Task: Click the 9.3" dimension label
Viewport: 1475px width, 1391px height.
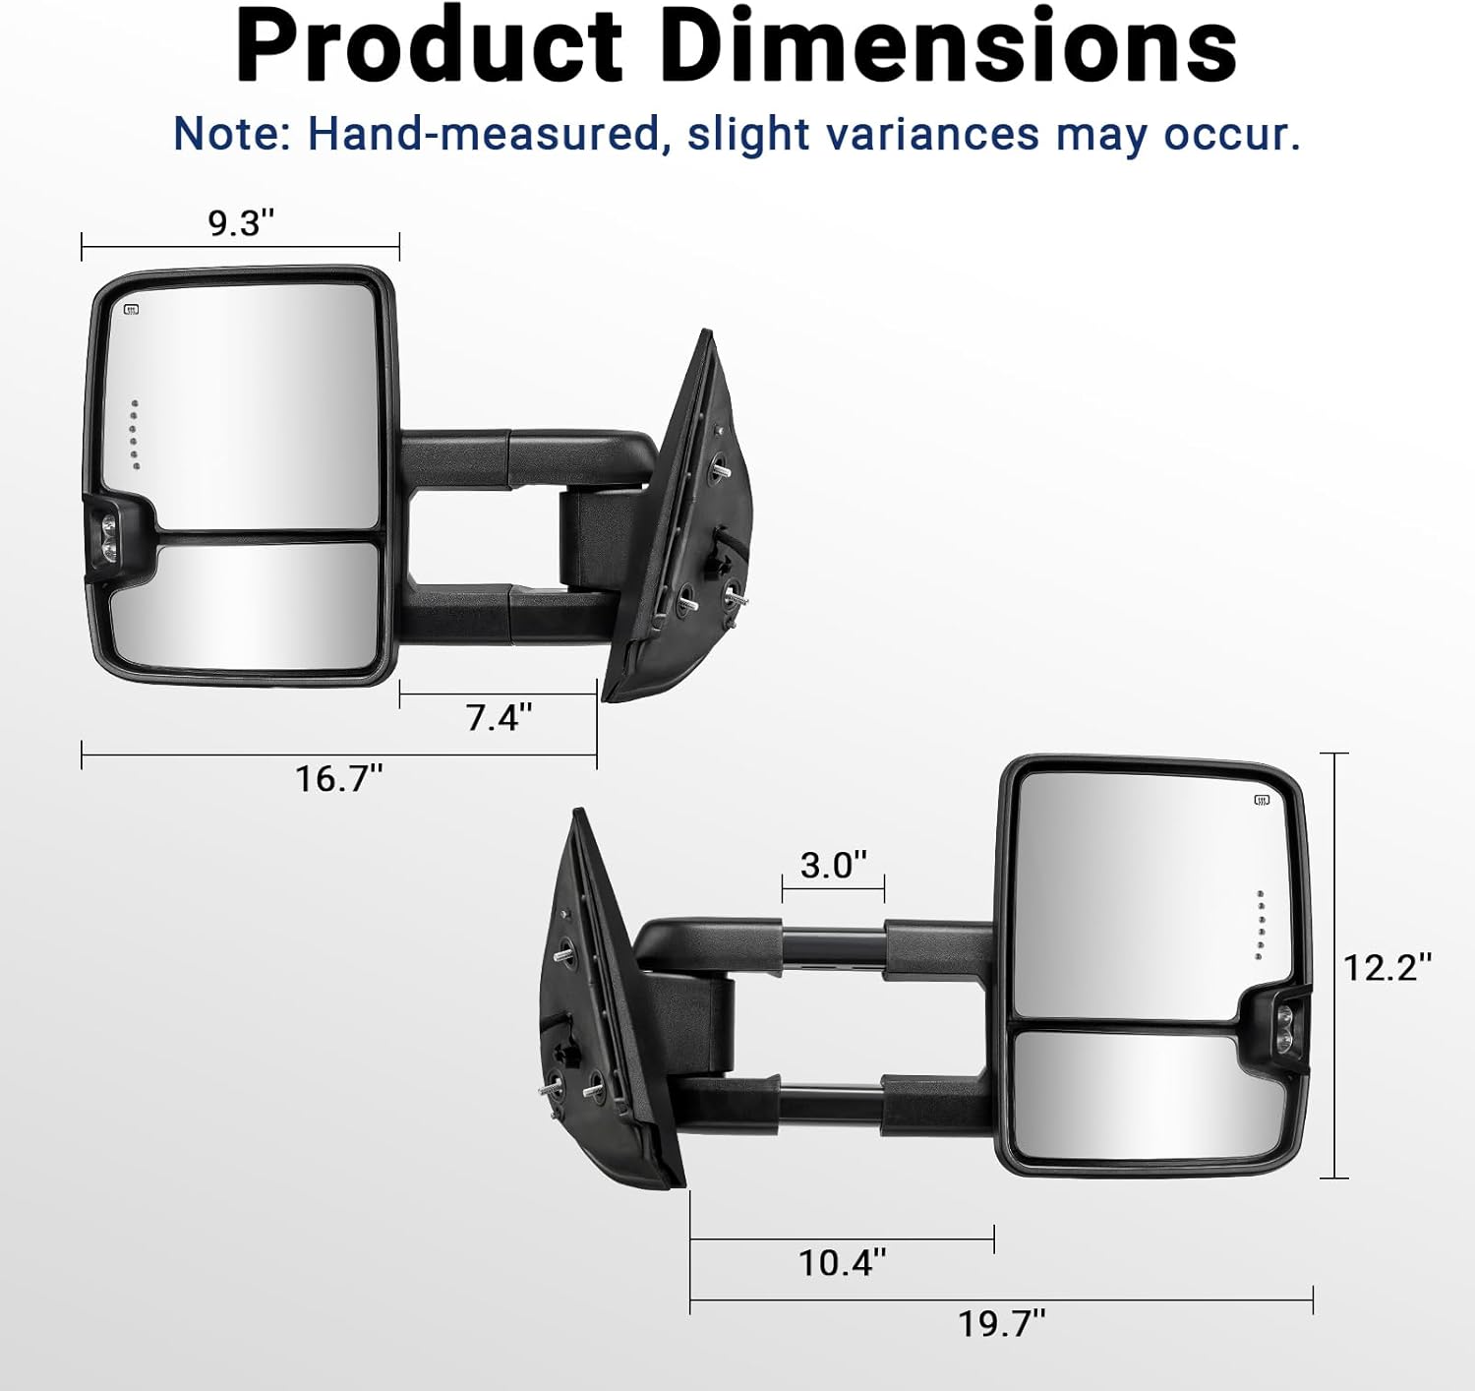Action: [x=241, y=223]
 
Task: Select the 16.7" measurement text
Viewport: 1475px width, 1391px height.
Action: [x=338, y=779]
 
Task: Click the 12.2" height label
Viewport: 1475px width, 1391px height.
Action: [x=1386, y=967]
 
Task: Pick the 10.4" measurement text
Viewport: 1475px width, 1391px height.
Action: [x=842, y=1262]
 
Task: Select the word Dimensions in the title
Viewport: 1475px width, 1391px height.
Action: [x=952, y=47]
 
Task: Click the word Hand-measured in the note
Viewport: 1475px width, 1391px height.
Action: [x=484, y=135]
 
